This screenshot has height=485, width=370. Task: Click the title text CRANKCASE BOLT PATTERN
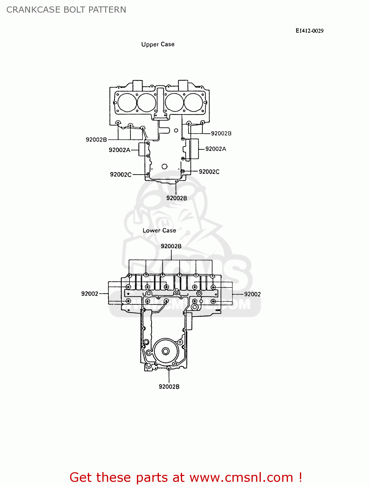point(66,10)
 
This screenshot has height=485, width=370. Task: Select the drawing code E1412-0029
point(309,31)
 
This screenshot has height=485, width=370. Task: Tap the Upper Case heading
point(158,44)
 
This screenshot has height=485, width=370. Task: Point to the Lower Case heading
point(159,231)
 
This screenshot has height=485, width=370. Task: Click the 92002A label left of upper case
point(119,150)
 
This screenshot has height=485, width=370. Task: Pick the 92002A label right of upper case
point(216,149)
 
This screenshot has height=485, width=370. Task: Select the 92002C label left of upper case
point(121,175)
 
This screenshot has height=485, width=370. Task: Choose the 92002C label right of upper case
point(209,172)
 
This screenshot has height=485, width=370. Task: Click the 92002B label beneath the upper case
point(176,198)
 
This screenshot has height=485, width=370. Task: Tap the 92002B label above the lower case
point(171,246)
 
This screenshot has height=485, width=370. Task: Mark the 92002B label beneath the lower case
point(169,387)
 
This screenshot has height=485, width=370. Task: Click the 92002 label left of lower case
point(89,294)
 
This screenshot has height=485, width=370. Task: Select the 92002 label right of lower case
point(252,294)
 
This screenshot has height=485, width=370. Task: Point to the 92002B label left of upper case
point(96,140)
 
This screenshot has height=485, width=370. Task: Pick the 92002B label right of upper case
point(221,134)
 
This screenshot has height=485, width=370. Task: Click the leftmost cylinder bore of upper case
point(127,102)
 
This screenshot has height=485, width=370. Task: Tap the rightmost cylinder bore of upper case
point(193,102)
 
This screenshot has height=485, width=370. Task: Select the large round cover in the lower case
point(166,351)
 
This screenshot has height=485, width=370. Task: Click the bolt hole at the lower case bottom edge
point(169,368)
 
